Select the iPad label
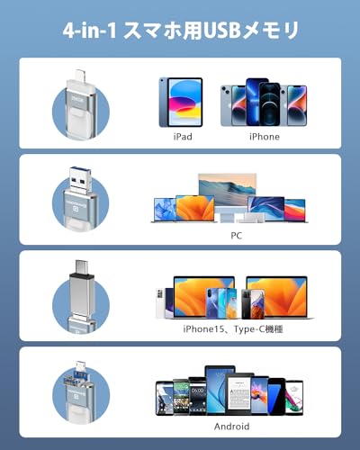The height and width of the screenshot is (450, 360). [x=183, y=137]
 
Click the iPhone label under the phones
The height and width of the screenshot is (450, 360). [x=265, y=137]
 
